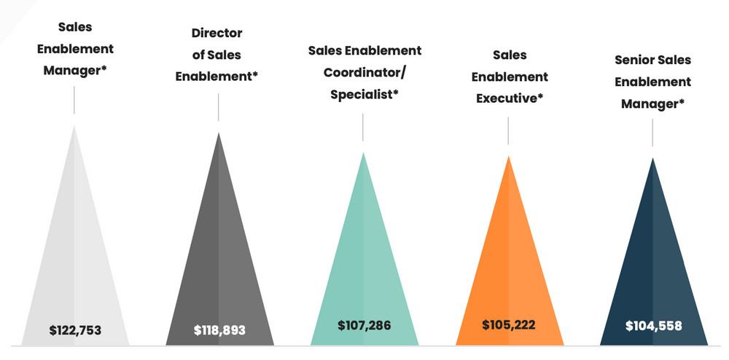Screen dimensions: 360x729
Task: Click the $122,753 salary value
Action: pyautogui.click(x=75, y=331)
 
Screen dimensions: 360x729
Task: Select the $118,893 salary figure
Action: pyautogui.click(x=219, y=330)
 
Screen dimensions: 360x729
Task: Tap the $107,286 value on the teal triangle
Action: pyautogui.click(x=364, y=325)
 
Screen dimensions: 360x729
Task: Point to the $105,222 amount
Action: pyautogui.click(x=508, y=324)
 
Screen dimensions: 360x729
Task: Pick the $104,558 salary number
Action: pyautogui.click(x=653, y=326)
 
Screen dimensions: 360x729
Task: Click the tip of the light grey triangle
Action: pyautogui.click(x=74, y=127)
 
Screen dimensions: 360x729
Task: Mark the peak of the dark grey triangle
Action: pyautogui.click(x=219, y=134)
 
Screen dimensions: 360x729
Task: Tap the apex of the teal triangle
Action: pyautogui.click(x=363, y=154)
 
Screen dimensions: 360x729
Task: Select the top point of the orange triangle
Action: pyautogui.click(x=508, y=157)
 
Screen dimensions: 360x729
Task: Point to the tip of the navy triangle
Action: pyautogui.click(x=652, y=159)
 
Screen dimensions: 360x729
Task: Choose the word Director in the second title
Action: pyautogui.click(x=217, y=34)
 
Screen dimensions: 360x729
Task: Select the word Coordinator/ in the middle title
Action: pyautogui.click(x=364, y=73)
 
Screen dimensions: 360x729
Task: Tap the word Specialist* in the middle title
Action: pyautogui.click(x=364, y=95)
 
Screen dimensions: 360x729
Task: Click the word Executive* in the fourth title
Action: pyautogui.click(x=510, y=98)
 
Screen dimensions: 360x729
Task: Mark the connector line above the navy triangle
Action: pyautogui.click(x=652, y=132)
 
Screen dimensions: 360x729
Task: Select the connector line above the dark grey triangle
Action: pyautogui.click(x=219, y=107)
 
